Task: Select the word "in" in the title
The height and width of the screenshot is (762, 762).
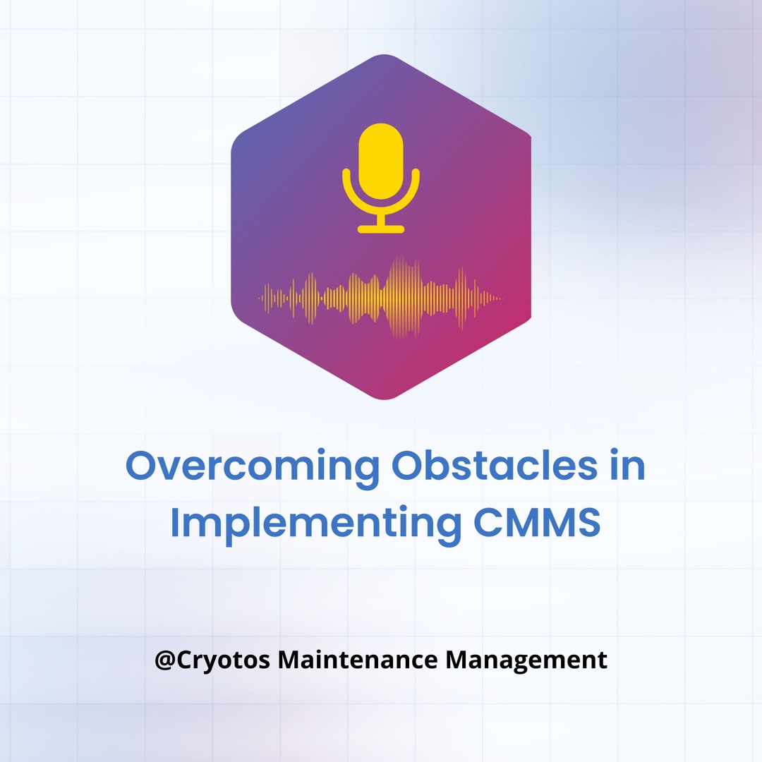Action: pyautogui.click(x=629, y=467)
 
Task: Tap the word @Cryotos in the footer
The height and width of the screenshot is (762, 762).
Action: pyautogui.click(x=211, y=660)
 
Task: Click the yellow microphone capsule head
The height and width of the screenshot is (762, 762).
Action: pyautogui.click(x=381, y=160)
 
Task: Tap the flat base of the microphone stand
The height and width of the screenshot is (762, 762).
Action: pyautogui.click(x=381, y=229)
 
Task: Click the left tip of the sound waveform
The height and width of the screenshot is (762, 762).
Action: pyautogui.click(x=260, y=298)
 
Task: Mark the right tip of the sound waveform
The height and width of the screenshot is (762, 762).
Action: pyautogui.click(x=502, y=298)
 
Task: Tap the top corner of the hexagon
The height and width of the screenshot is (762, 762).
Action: pyautogui.click(x=383, y=55)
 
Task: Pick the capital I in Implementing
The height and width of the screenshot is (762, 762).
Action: pyautogui.click(x=176, y=522)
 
